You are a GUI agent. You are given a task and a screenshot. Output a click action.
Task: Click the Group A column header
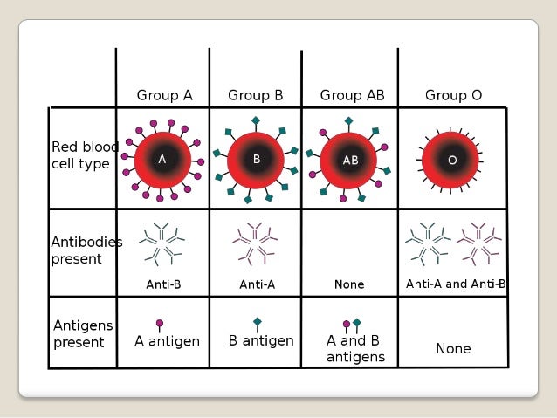pos(164,94)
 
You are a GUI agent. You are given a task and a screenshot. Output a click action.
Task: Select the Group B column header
pos(256,94)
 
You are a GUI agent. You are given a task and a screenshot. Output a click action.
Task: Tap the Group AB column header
pos(352,94)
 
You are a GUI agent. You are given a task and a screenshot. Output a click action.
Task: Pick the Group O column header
pos(453,94)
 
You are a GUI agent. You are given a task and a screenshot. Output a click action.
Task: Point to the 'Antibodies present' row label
pos(86,250)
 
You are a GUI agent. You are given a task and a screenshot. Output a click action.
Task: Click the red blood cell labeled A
pos(162,160)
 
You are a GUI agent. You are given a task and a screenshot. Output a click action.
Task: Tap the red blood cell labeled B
pos(257,160)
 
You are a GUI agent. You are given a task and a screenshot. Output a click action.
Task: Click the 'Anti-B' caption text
pos(163,284)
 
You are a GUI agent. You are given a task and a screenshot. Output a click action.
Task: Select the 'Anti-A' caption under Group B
pos(258,284)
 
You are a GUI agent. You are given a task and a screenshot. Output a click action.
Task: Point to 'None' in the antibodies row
pos(349,284)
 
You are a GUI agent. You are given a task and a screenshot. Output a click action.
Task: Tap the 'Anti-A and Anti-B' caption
pos(456,284)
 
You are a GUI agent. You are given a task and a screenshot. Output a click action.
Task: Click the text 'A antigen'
pos(167,341)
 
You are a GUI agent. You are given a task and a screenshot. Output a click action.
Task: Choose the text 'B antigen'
pos(261,340)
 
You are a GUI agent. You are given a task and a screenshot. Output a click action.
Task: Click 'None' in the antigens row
pos(453,348)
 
